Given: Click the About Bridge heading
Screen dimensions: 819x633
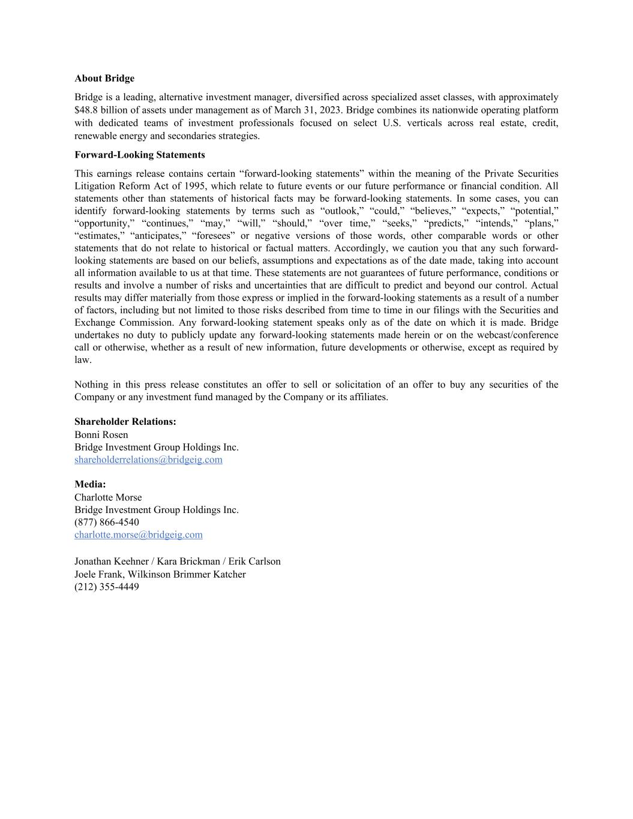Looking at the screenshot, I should click(x=104, y=79).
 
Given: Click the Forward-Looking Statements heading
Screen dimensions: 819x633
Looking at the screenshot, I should click(x=139, y=155).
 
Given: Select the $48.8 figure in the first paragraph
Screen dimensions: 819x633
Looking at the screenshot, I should click(x=87, y=110).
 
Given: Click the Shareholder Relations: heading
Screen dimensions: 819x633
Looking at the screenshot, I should click(x=125, y=422).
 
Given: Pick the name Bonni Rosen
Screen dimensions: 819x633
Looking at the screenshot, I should click(x=101, y=435).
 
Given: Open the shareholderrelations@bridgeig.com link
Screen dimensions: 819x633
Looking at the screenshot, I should click(x=148, y=460).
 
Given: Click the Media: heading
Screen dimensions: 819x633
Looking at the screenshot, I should click(x=90, y=484).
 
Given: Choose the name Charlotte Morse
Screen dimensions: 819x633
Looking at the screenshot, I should click(x=108, y=497).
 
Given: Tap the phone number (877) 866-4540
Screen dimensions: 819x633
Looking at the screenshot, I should click(x=106, y=522).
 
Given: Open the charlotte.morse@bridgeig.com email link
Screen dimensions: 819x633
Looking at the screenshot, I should click(x=138, y=535).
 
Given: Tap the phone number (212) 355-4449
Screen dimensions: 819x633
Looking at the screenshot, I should click(x=106, y=587).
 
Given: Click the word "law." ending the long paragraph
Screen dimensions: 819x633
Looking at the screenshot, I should click(x=83, y=360).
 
